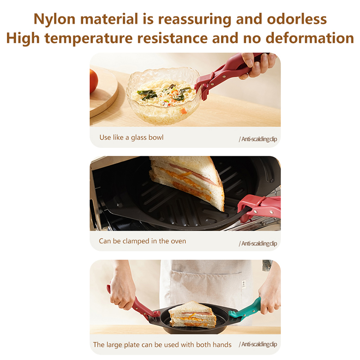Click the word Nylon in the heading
[x=54, y=19]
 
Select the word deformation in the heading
[x=310, y=38]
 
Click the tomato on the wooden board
[x=94, y=81]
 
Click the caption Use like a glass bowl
[x=131, y=138]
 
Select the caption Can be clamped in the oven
[x=142, y=241]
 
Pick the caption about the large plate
[x=162, y=345]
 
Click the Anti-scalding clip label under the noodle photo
[x=258, y=139]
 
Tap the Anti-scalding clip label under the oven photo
[x=258, y=243]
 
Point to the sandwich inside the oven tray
[x=186, y=181]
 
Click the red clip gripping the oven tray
[x=259, y=207]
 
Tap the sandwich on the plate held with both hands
[x=192, y=314]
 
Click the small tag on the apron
[x=244, y=283]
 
